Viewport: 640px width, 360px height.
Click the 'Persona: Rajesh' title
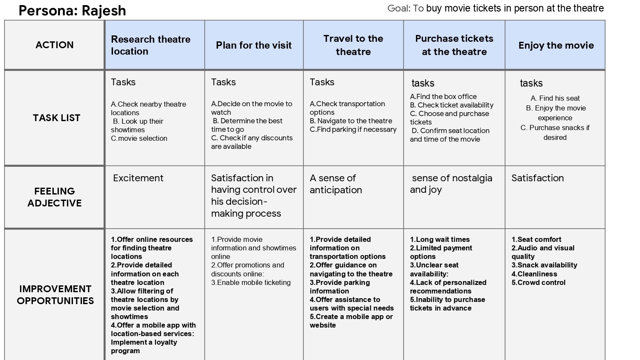(72, 10)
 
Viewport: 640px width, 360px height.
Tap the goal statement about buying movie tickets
(495, 8)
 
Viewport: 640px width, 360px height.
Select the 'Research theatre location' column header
(151, 45)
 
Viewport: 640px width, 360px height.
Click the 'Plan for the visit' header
(254, 45)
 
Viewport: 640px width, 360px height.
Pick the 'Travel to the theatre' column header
(353, 45)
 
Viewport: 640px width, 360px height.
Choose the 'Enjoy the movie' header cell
(556, 45)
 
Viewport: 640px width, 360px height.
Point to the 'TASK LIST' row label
(56, 118)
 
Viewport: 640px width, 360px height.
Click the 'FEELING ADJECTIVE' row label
(55, 197)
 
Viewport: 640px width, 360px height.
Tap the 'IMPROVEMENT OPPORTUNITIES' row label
(55, 295)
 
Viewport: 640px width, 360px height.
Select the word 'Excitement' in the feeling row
(138, 178)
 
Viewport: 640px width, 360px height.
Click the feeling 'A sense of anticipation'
(336, 184)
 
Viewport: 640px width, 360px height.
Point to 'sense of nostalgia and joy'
(451, 184)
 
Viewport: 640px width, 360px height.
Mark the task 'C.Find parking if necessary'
(353, 129)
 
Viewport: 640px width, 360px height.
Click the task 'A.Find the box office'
(443, 96)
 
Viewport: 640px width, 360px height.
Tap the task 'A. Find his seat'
(555, 98)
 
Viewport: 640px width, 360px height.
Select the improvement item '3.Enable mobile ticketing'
(251, 282)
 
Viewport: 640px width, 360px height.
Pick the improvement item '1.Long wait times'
(440, 239)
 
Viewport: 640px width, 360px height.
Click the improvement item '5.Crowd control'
(538, 282)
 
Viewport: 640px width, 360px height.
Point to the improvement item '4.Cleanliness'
(534, 274)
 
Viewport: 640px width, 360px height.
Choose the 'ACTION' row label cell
(55, 45)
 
